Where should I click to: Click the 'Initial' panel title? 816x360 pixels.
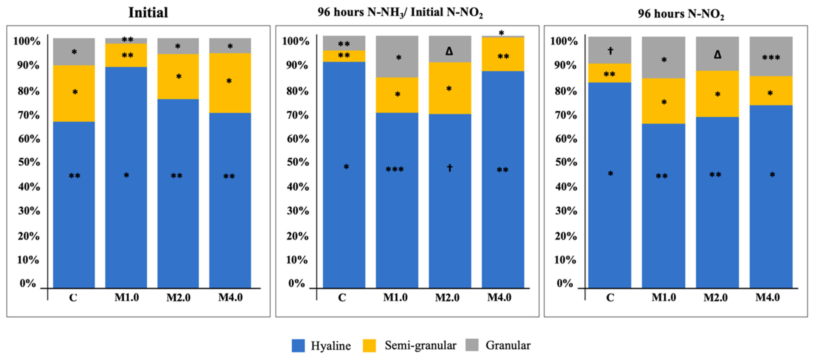[x=148, y=13]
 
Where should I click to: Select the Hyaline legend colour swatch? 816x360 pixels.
[x=298, y=345]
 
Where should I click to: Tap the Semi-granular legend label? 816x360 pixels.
[x=420, y=345]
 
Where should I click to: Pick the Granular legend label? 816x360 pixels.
[x=508, y=345]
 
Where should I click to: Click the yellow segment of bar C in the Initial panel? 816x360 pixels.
[x=74, y=93]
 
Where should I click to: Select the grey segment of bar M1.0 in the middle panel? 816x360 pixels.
[x=397, y=57]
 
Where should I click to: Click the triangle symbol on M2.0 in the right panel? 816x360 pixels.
[x=717, y=55]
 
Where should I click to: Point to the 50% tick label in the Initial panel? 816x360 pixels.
[x=29, y=162]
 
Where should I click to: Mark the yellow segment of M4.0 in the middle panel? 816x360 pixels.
[x=503, y=54]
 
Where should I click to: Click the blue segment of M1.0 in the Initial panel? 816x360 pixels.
[x=126, y=177]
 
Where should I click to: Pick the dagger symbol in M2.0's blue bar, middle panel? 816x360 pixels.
[x=449, y=168]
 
